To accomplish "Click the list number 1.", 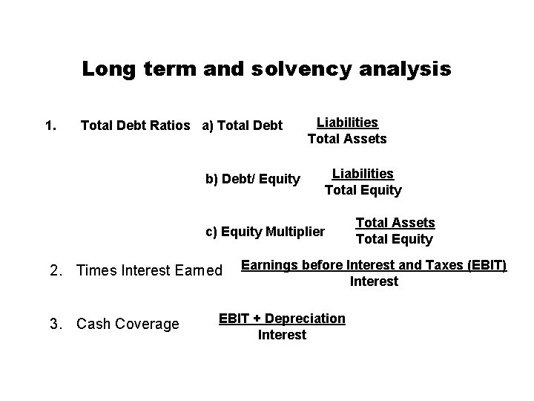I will pos(50,125).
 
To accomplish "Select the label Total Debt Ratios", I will pos(135,125).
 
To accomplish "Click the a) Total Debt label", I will pos(243,125).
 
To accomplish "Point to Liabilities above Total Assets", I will pos(347,122).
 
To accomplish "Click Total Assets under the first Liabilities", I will pos(347,138).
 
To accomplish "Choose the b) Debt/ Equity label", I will pos(252,178).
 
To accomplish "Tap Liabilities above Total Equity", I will pos(363,173).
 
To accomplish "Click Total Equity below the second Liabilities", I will pos(363,190).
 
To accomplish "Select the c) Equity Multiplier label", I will pos(265,231).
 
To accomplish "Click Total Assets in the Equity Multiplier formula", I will pos(395,222).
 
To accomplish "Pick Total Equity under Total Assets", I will pos(394,239).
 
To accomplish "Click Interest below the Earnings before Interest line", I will pos(374,281).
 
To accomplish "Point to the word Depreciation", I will pos(305,319).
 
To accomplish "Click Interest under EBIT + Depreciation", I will pos(282,335).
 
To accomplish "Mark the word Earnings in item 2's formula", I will pos(269,265).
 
